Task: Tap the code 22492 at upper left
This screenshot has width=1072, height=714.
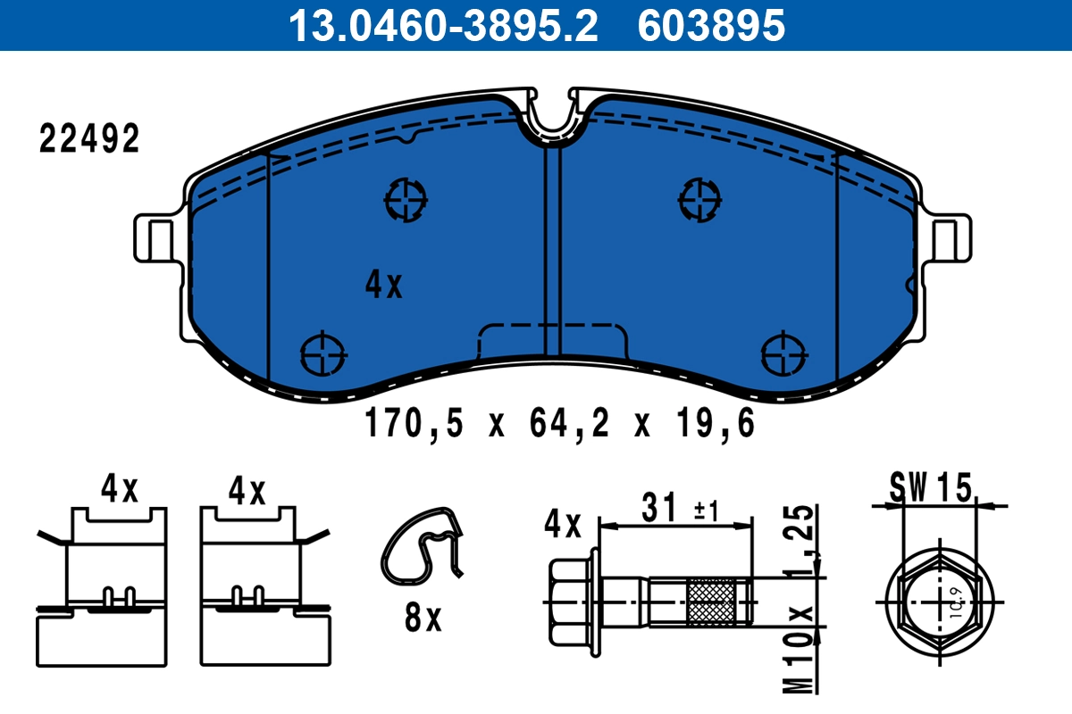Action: (89, 140)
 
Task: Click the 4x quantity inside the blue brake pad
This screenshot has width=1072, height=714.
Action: (384, 285)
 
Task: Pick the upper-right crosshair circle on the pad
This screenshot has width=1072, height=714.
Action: (699, 197)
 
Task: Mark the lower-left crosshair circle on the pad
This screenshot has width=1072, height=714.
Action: (322, 353)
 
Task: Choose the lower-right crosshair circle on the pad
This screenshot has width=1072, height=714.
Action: (783, 353)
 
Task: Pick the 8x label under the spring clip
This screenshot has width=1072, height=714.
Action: (423, 618)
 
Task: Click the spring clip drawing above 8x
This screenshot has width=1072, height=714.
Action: (424, 547)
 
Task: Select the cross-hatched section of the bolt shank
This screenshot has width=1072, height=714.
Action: (712, 602)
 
